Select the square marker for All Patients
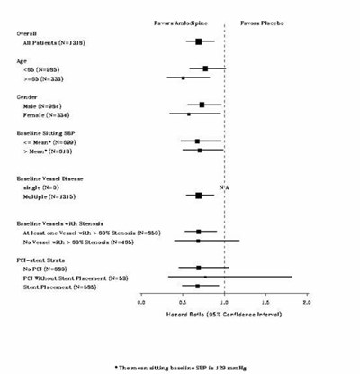tap(199, 41)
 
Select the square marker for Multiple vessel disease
tap(199, 196)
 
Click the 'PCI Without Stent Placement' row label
tap(81, 277)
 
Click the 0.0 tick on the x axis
tap(141, 301)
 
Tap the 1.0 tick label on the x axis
tap(224, 301)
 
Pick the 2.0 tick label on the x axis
tap(308, 301)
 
